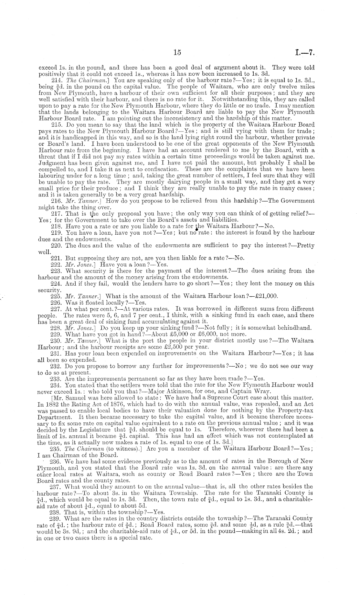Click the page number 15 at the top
177,53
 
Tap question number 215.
57,124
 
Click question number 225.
57,296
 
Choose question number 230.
57,341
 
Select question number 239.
57,518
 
